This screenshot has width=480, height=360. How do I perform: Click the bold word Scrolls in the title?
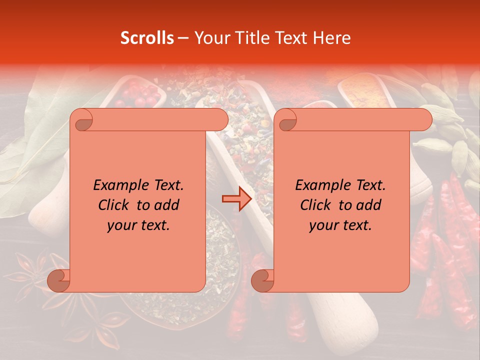click(x=147, y=38)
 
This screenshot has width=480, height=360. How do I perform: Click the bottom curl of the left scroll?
click(x=58, y=280)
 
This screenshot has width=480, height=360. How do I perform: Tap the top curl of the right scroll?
click(x=287, y=120)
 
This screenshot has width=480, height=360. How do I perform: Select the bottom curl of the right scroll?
click(x=262, y=280)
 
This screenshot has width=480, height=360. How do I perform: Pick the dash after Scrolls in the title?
click(x=182, y=38)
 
